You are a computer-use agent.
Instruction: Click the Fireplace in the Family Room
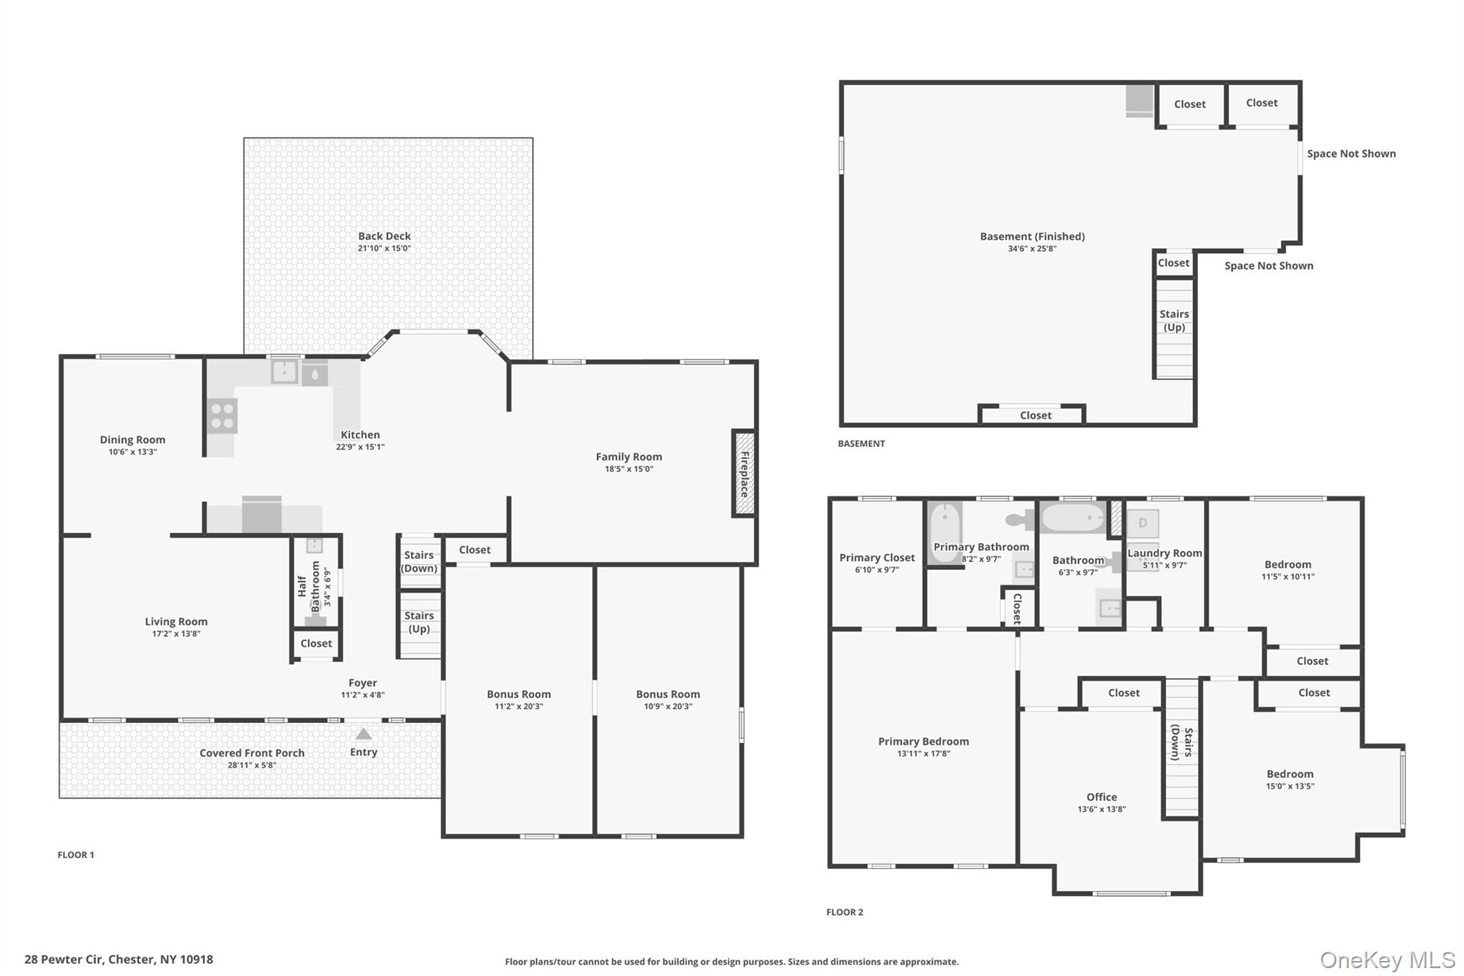tap(743, 473)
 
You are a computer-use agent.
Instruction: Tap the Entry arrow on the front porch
tap(364, 734)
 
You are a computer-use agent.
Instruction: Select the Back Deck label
tap(385, 236)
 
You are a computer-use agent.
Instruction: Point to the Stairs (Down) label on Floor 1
tap(419, 562)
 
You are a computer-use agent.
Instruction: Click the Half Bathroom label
tap(309, 586)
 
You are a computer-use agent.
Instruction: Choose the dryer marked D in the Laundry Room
tap(1142, 523)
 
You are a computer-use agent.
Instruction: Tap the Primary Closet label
tap(877, 558)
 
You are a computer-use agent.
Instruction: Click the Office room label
tap(1102, 797)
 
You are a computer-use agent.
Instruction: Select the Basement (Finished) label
tap(1032, 237)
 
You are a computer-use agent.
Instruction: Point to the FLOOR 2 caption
tap(845, 912)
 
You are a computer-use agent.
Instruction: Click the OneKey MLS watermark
tap(1388, 960)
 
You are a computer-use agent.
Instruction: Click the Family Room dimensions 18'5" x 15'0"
tap(629, 469)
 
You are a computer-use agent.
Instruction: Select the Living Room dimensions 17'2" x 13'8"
tap(176, 634)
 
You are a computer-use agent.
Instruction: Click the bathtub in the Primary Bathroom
tap(945, 533)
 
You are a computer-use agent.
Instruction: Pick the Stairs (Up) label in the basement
tap(1174, 320)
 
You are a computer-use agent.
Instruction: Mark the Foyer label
tap(362, 683)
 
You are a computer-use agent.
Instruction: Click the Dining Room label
tap(132, 440)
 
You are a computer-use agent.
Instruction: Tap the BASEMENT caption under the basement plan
tap(861, 444)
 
